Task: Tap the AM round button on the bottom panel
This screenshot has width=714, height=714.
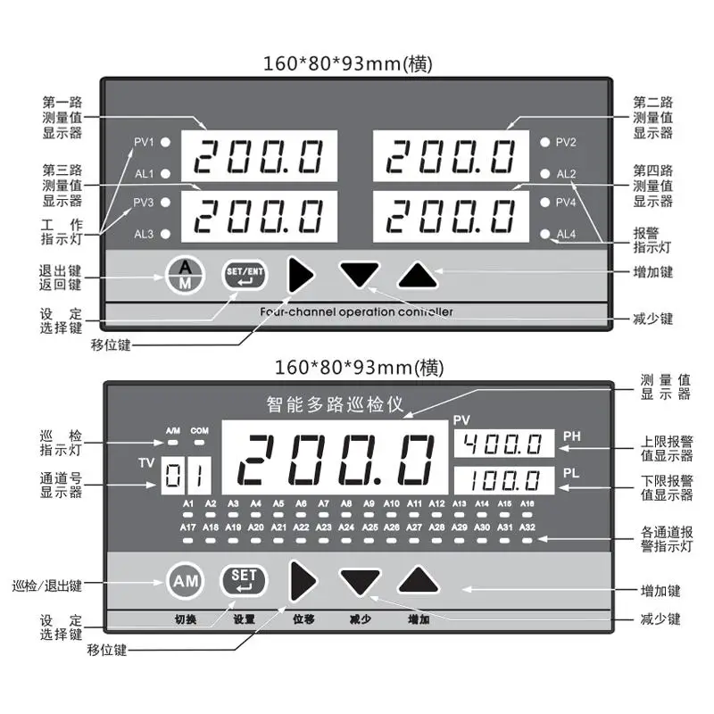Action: tap(185, 581)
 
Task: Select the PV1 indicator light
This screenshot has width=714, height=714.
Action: tap(166, 143)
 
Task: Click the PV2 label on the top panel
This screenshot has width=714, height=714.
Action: tap(566, 143)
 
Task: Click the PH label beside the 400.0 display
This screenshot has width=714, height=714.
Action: tap(572, 436)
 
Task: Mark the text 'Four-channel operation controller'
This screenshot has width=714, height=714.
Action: tap(356, 311)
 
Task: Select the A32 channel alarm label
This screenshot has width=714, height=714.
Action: tap(527, 527)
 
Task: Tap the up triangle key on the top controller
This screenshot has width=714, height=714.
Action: tap(419, 275)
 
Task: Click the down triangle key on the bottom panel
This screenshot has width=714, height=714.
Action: tap(360, 582)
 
